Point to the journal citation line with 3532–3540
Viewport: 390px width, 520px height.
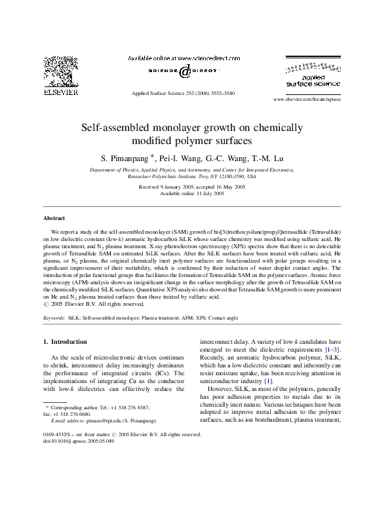click(x=184, y=94)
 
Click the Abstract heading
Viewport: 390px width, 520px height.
click(x=54, y=217)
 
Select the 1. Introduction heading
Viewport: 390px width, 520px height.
click(x=64, y=342)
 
